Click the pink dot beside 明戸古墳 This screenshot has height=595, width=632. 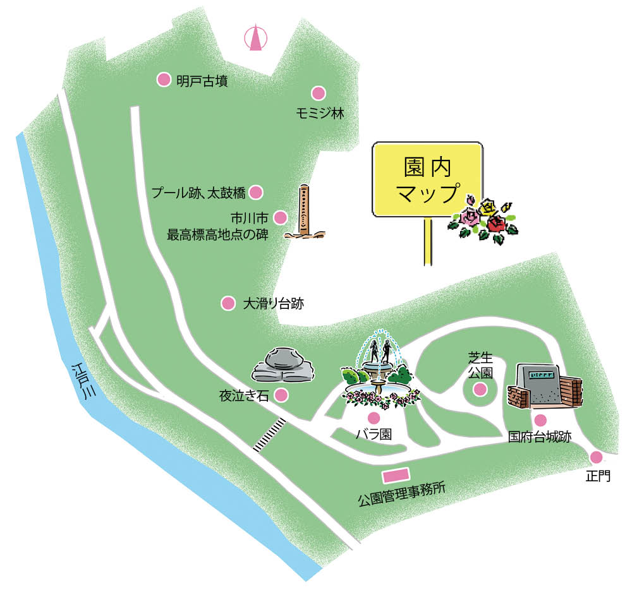(164, 80)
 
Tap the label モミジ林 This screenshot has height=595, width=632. (320, 114)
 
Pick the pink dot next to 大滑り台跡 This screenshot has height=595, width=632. (228, 303)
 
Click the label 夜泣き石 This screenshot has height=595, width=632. (244, 396)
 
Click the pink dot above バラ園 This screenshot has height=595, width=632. (374, 418)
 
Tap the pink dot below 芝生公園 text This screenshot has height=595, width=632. (481, 389)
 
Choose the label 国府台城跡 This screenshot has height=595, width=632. (539, 437)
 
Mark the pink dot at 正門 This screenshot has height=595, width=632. (595, 457)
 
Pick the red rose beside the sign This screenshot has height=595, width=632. (496, 224)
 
